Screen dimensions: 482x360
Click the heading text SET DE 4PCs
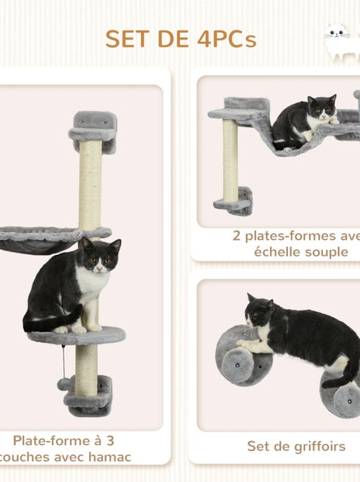(x=180, y=39)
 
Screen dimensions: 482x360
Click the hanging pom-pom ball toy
(x=63, y=384)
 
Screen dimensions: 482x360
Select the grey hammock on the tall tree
(x=40, y=238)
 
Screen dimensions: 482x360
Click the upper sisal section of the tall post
(x=90, y=184)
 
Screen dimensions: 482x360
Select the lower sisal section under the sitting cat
(x=86, y=367)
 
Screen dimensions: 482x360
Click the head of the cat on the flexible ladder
(x=321, y=109)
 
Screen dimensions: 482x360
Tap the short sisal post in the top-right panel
(x=230, y=160)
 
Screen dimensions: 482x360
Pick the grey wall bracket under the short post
(x=235, y=202)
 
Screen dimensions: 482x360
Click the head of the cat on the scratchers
(x=258, y=313)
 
